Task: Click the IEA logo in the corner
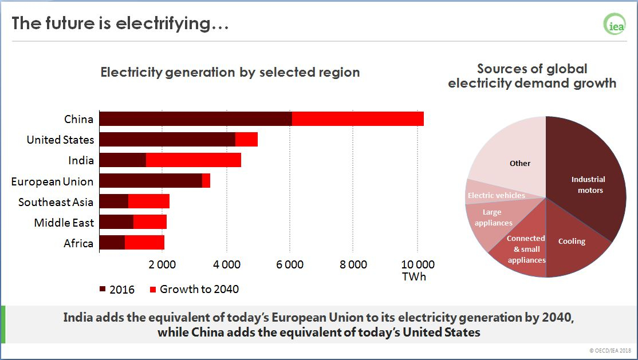tap(615, 24)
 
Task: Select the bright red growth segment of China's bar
tap(357, 118)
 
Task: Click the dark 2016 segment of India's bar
tap(123, 160)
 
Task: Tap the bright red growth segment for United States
tap(246, 139)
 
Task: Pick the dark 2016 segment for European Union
tap(151, 181)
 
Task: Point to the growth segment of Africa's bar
tap(144, 243)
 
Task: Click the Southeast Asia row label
tap(56, 202)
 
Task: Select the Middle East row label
tap(64, 223)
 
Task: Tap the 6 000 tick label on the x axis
tap(290, 265)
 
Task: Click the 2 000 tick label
tap(163, 265)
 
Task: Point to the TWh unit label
tap(414, 277)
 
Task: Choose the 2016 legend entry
tap(117, 289)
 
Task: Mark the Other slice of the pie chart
tap(513, 155)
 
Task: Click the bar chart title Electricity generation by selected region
tap(230, 73)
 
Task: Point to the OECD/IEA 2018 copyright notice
tap(610, 350)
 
